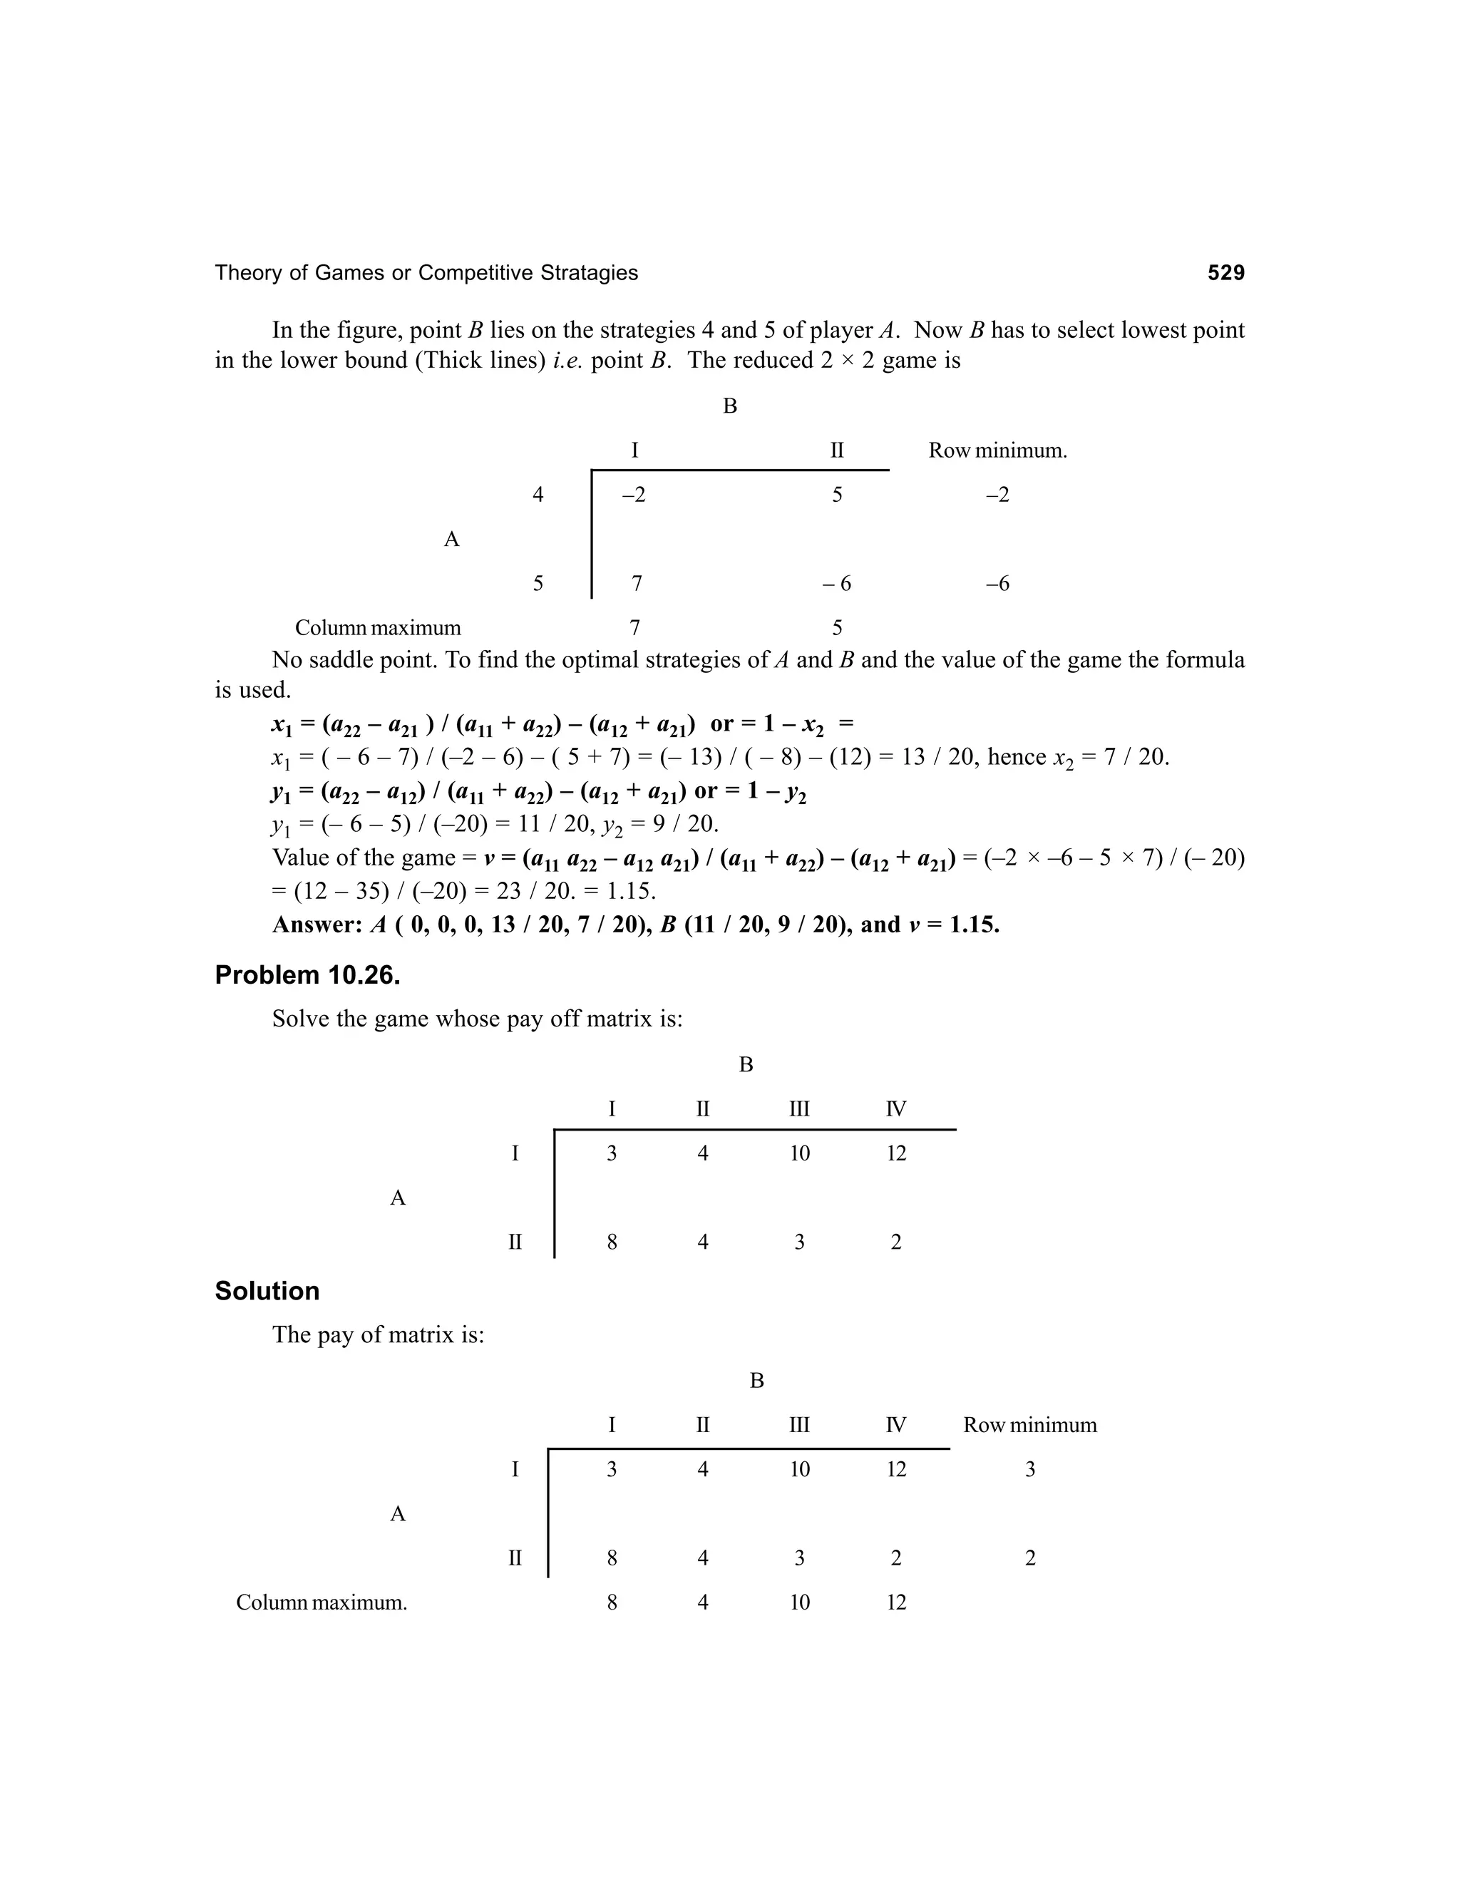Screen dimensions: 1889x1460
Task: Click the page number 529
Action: coord(1225,273)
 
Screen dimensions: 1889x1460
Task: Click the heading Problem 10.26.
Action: coord(307,974)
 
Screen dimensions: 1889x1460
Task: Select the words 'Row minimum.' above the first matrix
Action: coord(997,451)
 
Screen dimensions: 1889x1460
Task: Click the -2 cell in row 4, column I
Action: coord(633,495)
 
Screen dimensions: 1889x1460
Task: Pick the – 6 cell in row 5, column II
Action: coord(836,584)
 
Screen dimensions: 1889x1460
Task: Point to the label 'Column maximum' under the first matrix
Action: coord(378,627)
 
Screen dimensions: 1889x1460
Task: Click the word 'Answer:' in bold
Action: coord(317,925)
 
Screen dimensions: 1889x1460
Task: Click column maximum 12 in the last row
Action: coord(896,1602)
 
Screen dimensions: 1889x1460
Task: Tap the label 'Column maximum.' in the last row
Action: coord(321,1602)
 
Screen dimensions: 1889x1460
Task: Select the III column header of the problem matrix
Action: coord(799,1109)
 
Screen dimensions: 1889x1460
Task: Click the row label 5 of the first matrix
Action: coord(538,584)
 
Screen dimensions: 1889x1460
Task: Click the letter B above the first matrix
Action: coord(730,406)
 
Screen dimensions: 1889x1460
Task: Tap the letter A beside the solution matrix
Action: coord(398,1513)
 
